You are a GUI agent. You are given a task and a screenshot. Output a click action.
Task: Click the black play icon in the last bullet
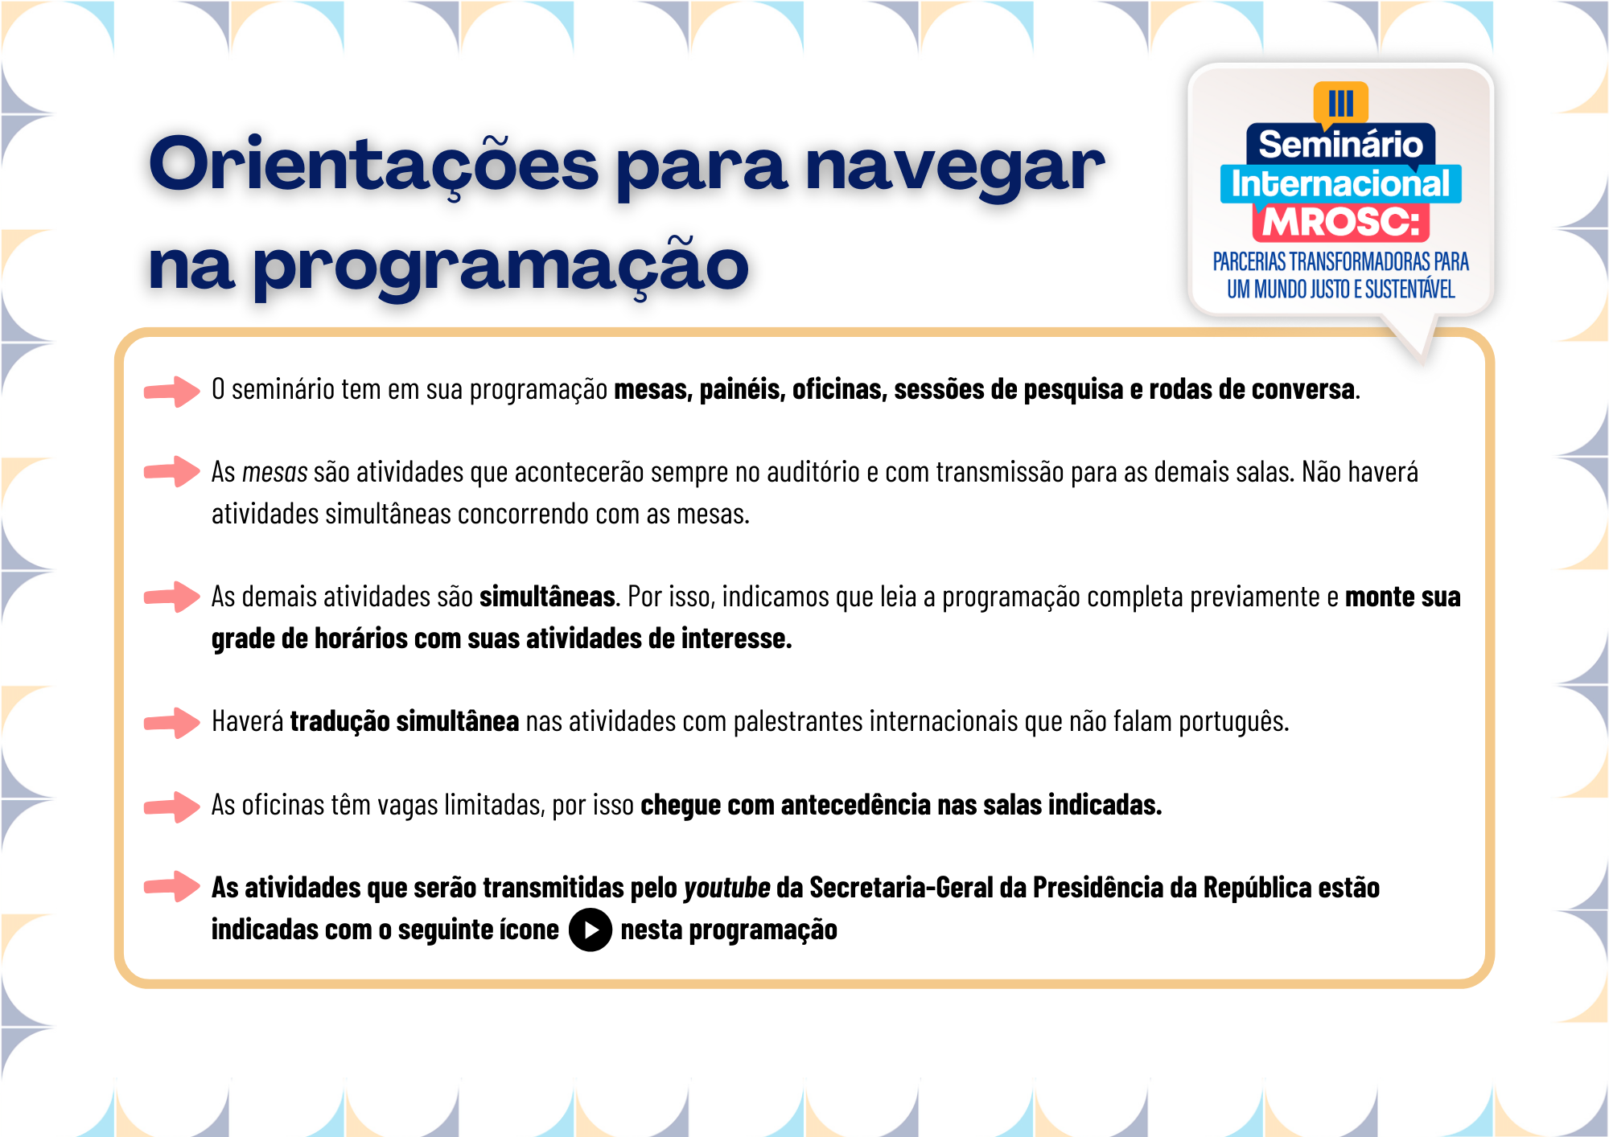pos(591,930)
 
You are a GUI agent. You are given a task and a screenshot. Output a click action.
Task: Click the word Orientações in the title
pos(374,165)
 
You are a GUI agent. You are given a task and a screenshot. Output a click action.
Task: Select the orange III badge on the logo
pos(1340,104)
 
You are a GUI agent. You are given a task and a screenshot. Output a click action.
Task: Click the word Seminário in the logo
pos(1340,145)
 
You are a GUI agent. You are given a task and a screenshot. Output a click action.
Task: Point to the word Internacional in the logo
pos(1340,183)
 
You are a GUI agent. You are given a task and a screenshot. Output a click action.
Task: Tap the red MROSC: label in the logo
pos(1340,222)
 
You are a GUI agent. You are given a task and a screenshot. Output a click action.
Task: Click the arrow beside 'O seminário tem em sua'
pos(172,391)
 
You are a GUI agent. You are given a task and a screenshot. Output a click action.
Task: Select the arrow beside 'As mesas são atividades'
pos(172,472)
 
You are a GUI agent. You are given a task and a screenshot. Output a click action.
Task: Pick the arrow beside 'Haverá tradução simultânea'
pos(172,723)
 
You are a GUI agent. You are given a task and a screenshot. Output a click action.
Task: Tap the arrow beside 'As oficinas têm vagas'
pos(172,807)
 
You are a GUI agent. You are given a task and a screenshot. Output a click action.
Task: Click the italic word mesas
pos(274,472)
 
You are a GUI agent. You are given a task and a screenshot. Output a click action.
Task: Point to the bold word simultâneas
pos(547,597)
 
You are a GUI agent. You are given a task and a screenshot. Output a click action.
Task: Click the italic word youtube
pos(726,888)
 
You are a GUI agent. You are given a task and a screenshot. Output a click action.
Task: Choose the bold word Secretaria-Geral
pos(901,888)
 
